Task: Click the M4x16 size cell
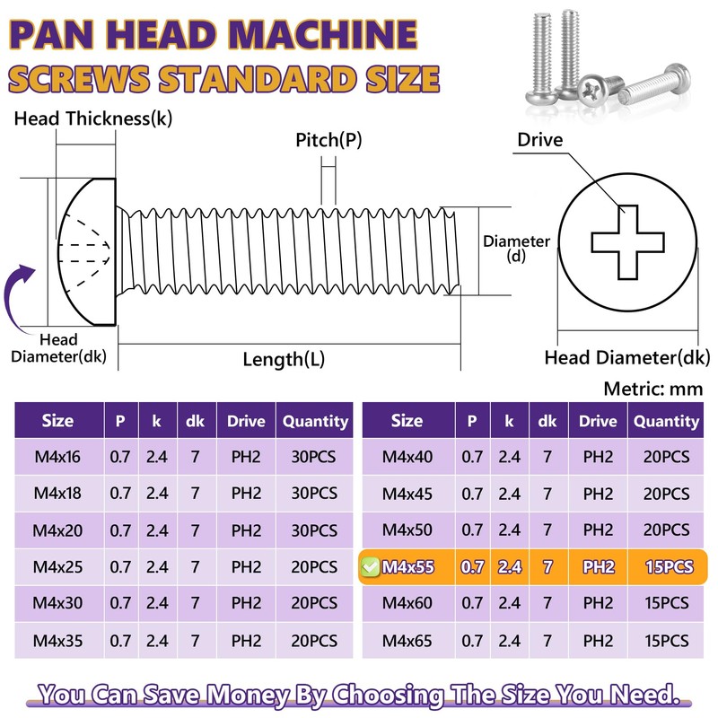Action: [x=57, y=458]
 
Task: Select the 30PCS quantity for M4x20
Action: [x=314, y=530]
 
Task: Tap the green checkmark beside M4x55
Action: [x=370, y=567]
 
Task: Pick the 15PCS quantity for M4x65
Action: [x=666, y=641]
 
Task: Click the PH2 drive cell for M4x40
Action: [x=598, y=458]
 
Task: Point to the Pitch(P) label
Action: [x=328, y=140]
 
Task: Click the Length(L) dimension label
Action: [x=284, y=360]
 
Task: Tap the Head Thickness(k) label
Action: [x=92, y=118]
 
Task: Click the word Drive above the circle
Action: [x=539, y=140]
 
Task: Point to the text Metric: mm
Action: [x=653, y=390]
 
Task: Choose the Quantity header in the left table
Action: [x=314, y=421]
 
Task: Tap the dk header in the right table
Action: [x=547, y=421]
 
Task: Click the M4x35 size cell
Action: [x=57, y=641]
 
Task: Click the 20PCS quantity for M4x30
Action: [x=314, y=604]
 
